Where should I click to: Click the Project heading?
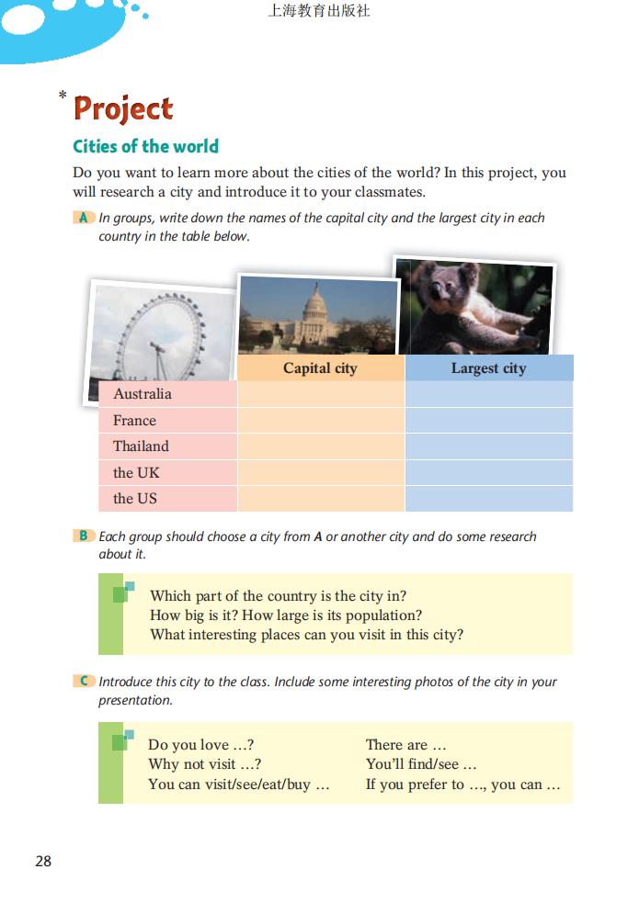click(x=123, y=108)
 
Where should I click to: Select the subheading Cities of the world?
click(x=145, y=146)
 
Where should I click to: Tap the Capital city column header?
click(x=320, y=368)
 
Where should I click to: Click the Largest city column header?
click(x=488, y=368)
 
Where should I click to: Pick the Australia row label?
click(x=143, y=394)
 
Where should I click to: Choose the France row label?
click(x=134, y=421)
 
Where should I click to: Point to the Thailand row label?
click(x=141, y=446)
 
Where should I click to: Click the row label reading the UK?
click(x=136, y=473)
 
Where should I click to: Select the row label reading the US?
click(x=135, y=499)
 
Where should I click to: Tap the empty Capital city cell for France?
click(x=320, y=421)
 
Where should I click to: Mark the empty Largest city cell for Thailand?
click(x=488, y=446)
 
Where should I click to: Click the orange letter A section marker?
click(x=84, y=218)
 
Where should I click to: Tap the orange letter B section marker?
click(x=84, y=536)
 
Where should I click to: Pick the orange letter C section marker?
click(x=84, y=682)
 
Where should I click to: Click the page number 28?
click(x=43, y=862)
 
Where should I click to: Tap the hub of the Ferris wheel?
click(x=157, y=346)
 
